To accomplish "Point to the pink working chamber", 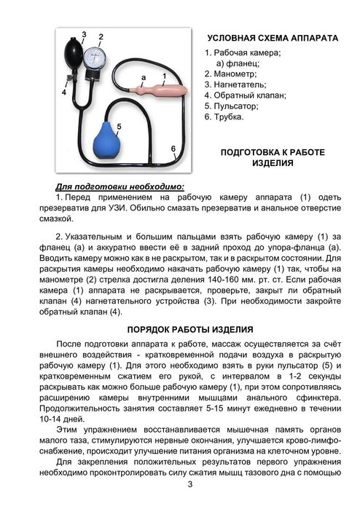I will (171, 92).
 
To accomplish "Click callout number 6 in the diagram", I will (173, 149).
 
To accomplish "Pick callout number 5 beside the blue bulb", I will (119, 126).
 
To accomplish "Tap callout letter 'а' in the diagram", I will (144, 76).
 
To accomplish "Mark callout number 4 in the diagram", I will (64, 92).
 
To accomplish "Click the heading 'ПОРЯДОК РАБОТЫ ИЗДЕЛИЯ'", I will (189, 328).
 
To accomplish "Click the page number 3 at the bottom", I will (189, 485).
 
